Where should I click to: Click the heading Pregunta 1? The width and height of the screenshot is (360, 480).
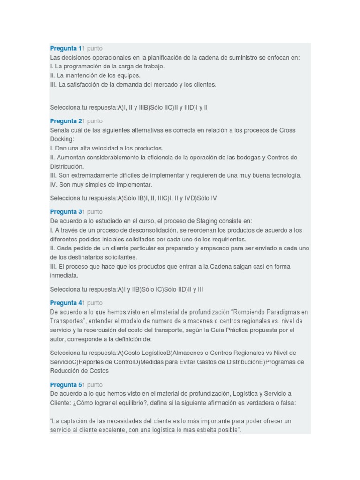[x=66, y=48]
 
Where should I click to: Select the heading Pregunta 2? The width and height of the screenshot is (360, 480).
[x=66, y=121]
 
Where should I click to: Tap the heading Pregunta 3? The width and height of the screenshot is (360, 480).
[x=66, y=211]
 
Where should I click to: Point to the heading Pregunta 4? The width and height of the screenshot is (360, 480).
[x=66, y=302]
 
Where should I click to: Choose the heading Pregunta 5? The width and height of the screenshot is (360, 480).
[x=66, y=384]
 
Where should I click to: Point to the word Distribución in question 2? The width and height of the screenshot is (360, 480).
[x=67, y=166]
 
